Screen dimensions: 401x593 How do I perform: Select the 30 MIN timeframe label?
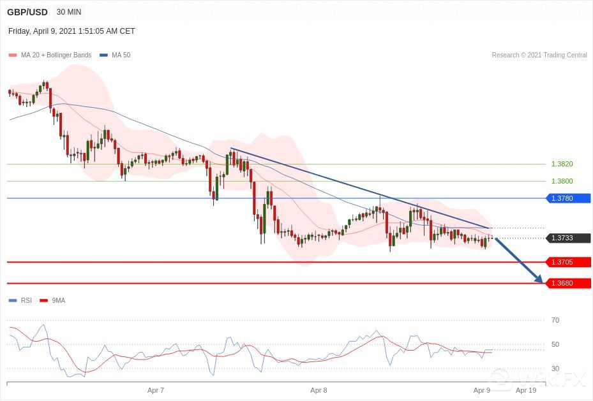pos(69,12)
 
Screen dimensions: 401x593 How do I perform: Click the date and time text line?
pos(71,31)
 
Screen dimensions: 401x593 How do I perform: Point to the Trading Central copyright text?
pos(539,55)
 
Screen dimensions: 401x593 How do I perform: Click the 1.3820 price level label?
pos(562,164)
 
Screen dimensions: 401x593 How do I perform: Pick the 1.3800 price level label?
pos(562,181)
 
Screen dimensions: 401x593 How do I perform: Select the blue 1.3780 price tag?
pos(568,198)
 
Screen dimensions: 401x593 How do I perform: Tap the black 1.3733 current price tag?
pos(568,238)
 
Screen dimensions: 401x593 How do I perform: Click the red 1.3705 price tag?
pos(568,262)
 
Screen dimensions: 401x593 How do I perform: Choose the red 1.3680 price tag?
pos(568,283)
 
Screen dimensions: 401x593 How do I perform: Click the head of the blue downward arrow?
pos(540,281)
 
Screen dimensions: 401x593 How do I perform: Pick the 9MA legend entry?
pos(58,300)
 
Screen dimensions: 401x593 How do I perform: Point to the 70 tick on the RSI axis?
pos(555,320)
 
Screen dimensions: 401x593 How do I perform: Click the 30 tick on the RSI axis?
pos(555,368)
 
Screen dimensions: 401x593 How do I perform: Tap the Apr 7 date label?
pos(156,390)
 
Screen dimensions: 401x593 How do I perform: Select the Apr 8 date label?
pos(319,390)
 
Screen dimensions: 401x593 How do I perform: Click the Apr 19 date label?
pos(525,390)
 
